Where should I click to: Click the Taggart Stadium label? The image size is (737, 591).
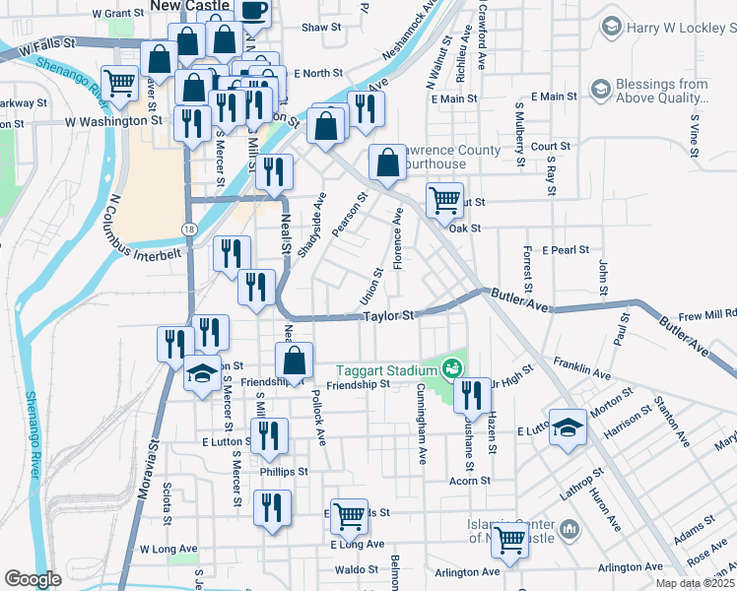(388, 370)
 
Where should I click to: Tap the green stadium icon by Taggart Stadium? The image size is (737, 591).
(452, 369)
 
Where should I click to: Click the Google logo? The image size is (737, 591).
(33, 578)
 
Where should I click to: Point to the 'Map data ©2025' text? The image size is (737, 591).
(695, 583)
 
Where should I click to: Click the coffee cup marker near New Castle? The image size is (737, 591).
(252, 12)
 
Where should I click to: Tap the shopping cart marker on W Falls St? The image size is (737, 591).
(120, 83)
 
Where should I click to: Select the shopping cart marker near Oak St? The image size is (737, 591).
(444, 200)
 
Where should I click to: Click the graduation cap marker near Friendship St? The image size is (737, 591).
(202, 375)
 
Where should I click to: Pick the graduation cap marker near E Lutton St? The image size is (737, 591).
(568, 428)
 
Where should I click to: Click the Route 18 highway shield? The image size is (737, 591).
(187, 229)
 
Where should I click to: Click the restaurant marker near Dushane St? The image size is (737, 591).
(472, 394)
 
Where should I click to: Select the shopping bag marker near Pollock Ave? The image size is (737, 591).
(295, 362)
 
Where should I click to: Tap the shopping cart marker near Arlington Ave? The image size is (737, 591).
(509, 538)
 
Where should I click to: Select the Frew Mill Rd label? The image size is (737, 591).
(706, 314)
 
